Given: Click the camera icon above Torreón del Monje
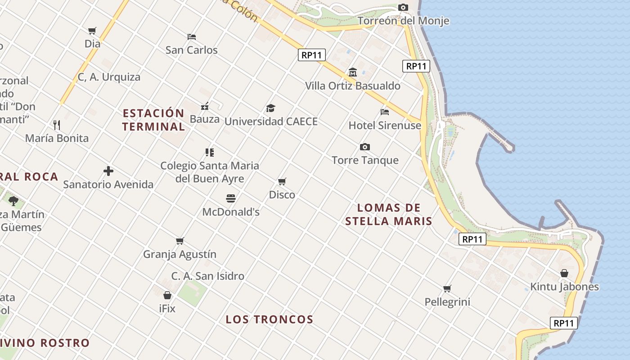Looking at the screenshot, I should [403, 7].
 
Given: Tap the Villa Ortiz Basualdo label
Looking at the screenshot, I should [353, 85].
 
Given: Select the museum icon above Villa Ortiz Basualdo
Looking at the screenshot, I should [353, 72].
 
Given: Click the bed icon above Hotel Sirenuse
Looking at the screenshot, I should [385, 112].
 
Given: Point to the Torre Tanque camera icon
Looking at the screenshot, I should [365, 147].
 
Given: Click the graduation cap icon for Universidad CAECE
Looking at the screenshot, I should [270, 108].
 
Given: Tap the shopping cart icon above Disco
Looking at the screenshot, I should [282, 181].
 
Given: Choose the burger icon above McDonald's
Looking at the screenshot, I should [231, 198].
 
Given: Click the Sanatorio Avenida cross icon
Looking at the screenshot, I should [108, 171].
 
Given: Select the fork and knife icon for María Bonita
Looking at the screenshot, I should [57, 125].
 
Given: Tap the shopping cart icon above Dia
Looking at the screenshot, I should [92, 31].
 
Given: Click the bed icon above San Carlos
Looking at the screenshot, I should [192, 36].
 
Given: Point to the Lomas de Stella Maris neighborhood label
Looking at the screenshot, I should [389, 214].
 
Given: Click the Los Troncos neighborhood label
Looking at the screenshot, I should [269, 319].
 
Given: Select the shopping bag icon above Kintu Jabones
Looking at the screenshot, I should [564, 273].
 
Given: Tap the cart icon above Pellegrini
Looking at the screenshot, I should [447, 288].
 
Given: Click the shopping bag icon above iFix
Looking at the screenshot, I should [167, 295].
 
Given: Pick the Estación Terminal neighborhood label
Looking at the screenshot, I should [153, 120].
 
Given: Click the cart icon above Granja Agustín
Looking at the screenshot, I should [180, 241].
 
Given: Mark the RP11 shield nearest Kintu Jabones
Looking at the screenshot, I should [563, 323].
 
